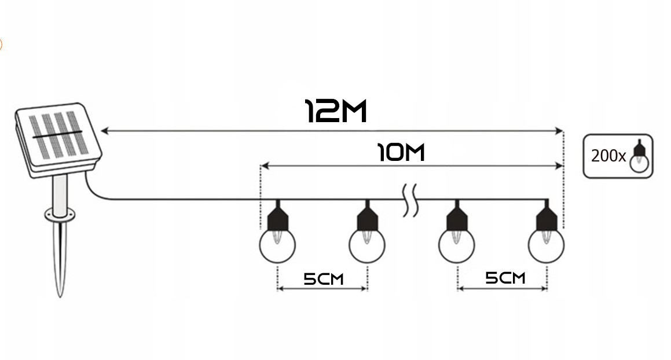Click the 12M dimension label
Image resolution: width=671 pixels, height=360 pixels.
click(336, 111)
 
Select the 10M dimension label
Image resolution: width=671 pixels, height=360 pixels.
click(401, 153)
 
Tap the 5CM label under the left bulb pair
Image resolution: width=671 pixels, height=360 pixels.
click(323, 279)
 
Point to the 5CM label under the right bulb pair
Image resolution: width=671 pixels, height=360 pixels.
click(505, 278)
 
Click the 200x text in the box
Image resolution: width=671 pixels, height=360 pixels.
click(608, 156)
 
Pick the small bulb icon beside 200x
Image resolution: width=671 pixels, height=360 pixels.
click(639, 156)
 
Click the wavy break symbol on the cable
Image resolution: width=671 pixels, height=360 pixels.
click(410, 200)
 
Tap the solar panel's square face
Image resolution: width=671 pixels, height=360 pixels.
click(57, 134)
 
